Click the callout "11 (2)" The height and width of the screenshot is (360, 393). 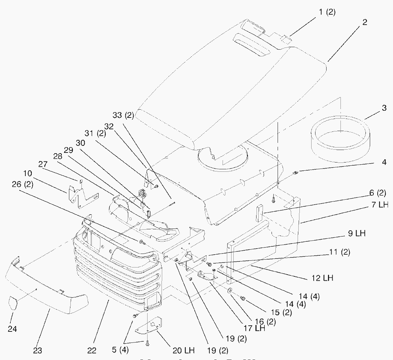pyautogui.click(x=340, y=252)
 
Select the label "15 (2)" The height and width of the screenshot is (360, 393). pyautogui.click(x=282, y=312)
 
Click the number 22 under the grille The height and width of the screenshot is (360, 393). pyautogui.click(x=92, y=350)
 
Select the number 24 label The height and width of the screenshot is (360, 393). pyautogui.click(x=13, y=328)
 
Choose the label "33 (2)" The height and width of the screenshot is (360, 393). pyautogui.click(x=123, y=115)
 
